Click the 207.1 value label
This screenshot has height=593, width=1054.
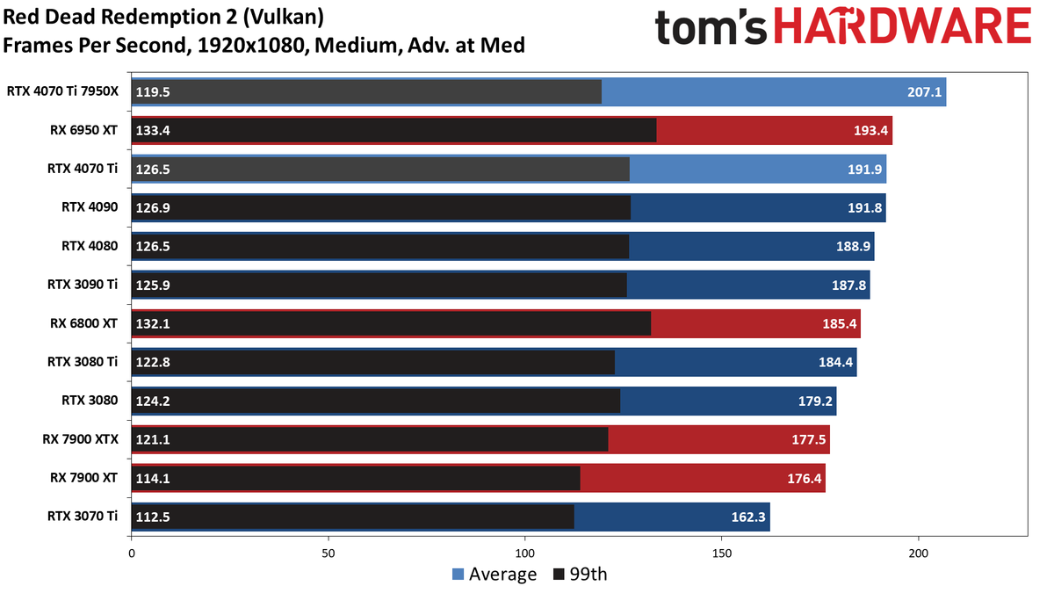(x=924, y=91)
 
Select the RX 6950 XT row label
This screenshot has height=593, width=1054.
(x=83, y=130)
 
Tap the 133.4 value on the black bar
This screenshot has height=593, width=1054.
(x=153, y=130)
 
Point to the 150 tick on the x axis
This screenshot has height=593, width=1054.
(x=722, y=553)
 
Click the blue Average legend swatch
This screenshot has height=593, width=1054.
(x=458, y=575)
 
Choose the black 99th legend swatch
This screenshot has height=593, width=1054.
(x=559, y=575)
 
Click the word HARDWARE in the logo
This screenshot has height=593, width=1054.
(x=903, y=26)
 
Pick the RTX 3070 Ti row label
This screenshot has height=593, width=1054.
(x=83, y=517)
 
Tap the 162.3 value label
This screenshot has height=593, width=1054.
(x=748, y=517)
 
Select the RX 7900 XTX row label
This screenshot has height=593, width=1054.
(x=81, y=439)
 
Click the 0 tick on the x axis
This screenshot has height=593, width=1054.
(x=131, y=553)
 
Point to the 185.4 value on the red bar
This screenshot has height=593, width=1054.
(x=840, y=324)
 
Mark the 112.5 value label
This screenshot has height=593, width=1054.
(x=153, y=517)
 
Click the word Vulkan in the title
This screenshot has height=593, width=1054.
(x=284, y=17)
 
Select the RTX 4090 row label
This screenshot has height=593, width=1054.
(x=90, y=207)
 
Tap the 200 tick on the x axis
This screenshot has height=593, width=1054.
(x=919, y=553)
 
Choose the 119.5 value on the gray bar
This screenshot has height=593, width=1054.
(x=153, y=91)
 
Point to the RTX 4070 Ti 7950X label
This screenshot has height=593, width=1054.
(x=62, y=91)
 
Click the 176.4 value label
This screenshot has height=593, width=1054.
(x=805, y=479)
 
